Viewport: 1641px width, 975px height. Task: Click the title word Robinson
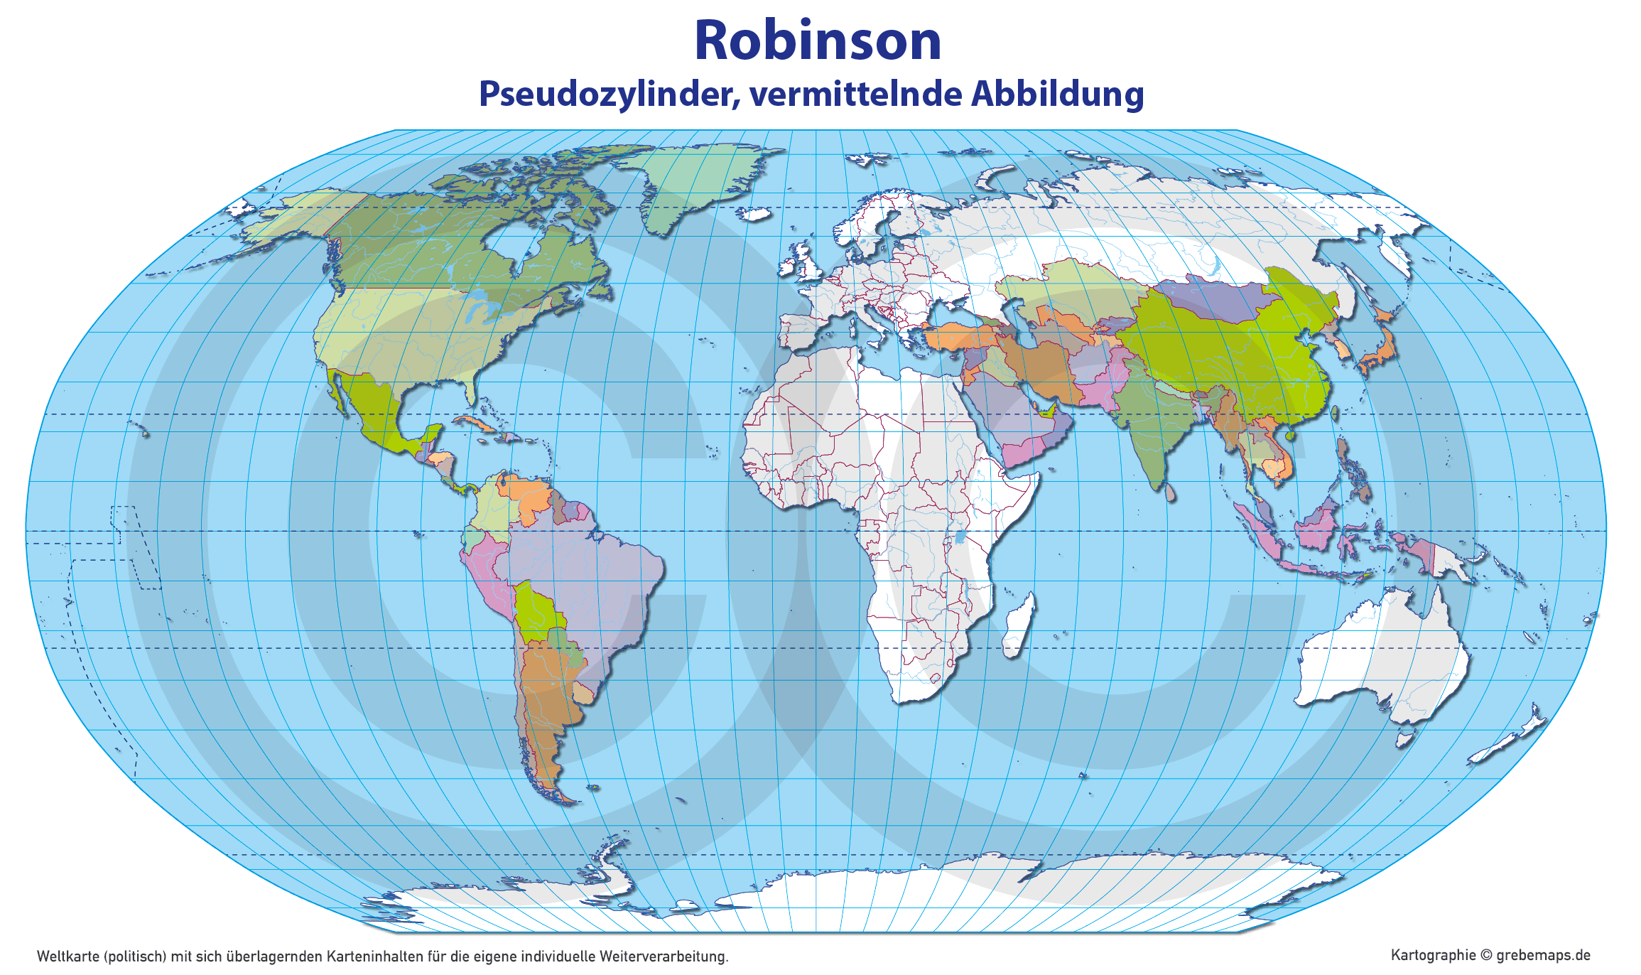point(818,41)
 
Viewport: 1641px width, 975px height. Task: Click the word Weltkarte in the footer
point(68,957)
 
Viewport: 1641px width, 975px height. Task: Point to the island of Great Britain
point(806,259)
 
